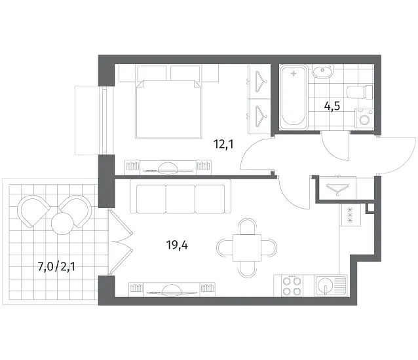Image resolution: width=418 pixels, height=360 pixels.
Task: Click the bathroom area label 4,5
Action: click(x=332, y=107)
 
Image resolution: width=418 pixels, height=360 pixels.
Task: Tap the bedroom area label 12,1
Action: click(x=223, y=145)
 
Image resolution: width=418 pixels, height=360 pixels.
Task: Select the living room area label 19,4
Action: click(x=177, y=245)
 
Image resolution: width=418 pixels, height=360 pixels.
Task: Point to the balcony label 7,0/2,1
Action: click(x=56, y=266)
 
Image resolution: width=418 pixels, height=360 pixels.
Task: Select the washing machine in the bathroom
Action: click(x=364, y=118)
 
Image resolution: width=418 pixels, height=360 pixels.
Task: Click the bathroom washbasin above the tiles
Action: click(x=323, y=71)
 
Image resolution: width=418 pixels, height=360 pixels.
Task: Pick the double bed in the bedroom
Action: click(x=168, y=109)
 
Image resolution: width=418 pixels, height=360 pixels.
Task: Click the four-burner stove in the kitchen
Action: click(x=294, y=286)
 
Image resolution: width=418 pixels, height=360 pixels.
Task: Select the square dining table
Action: click(x=247, y=248)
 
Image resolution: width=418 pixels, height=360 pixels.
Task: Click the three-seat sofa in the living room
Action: click(x=180, y=196)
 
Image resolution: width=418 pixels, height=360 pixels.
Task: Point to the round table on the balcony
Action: click(x=62, y=224)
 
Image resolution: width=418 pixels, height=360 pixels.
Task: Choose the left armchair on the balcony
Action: click(x=33, y=211)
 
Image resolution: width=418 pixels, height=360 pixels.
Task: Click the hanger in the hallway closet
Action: click(x=337, y=188)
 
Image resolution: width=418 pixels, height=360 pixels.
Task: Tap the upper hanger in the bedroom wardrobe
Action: click(x=259, y=81)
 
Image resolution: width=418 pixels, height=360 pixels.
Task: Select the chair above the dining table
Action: click(x=248, y=226)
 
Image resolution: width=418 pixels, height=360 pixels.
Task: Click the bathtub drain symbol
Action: click(x=294, y=73)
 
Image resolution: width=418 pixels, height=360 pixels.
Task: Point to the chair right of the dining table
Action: click(x=269, y=248)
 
